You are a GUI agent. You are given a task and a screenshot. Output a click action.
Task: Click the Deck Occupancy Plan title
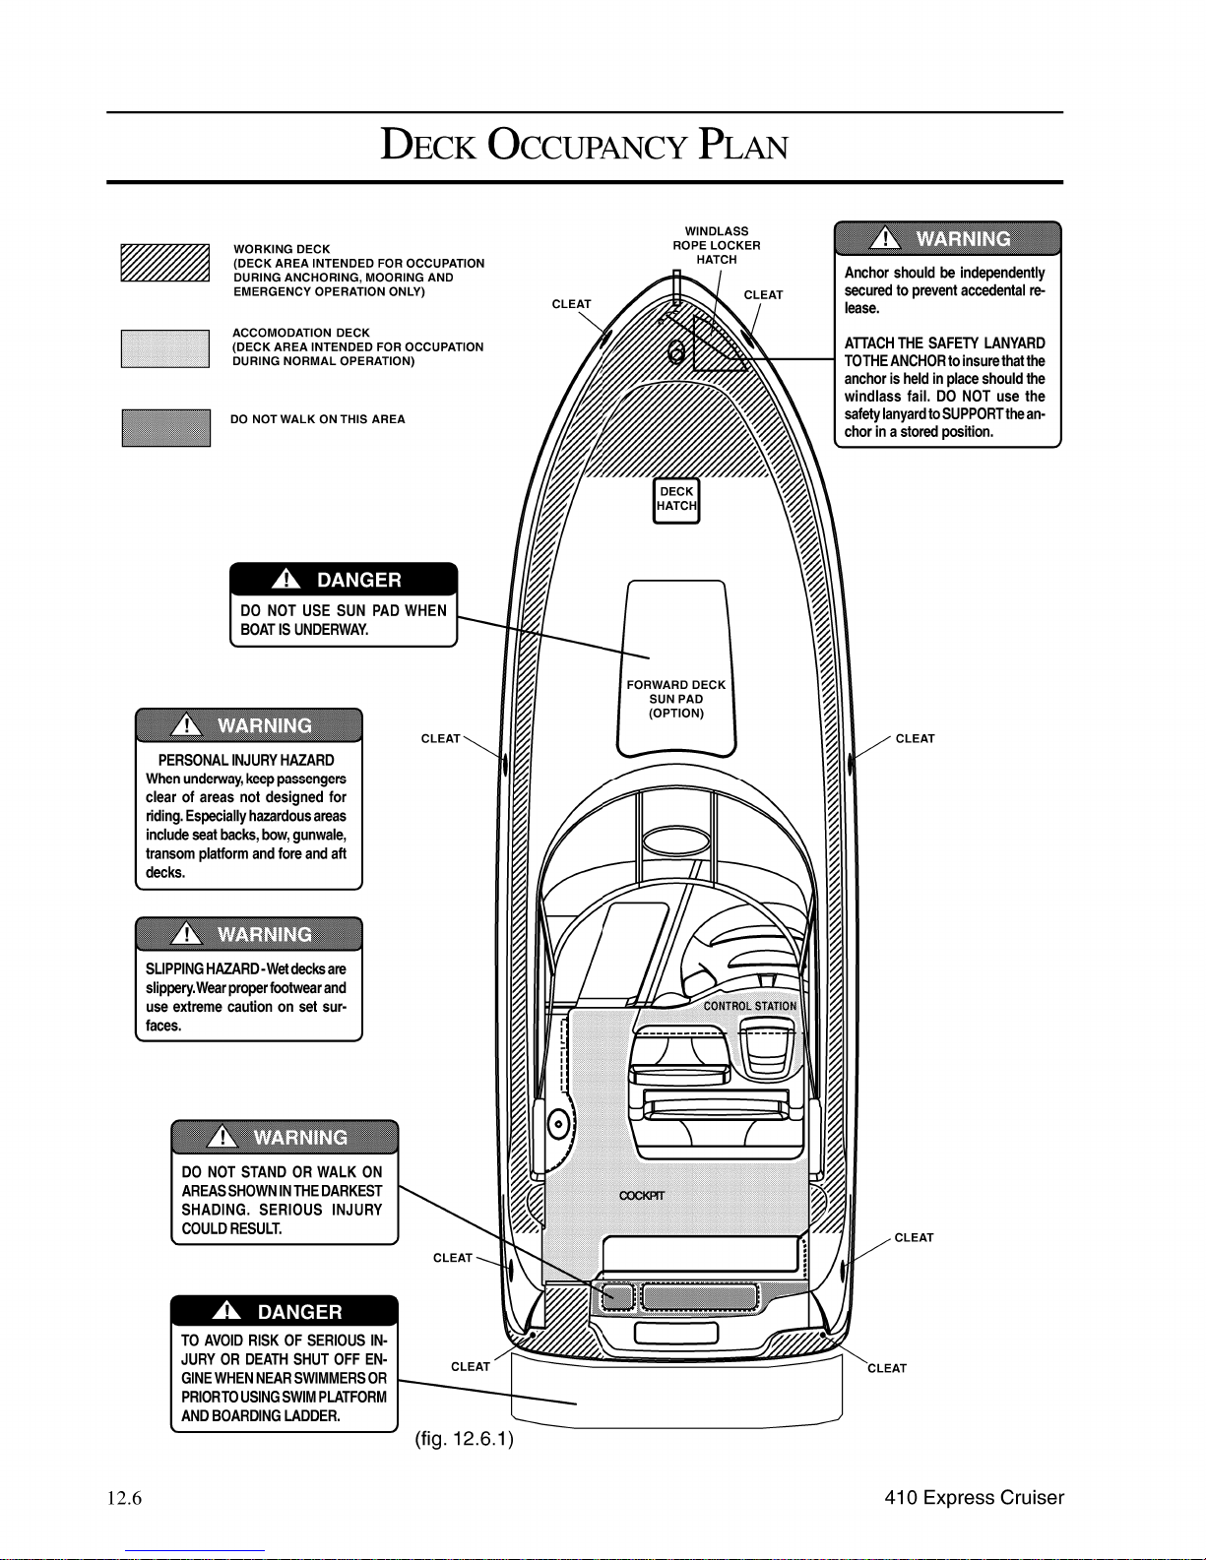(x=585, y=145)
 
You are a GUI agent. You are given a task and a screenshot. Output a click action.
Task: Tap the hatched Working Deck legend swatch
(x=165, y=263)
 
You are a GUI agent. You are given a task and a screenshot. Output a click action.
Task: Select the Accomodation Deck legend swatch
(x=165, y=348)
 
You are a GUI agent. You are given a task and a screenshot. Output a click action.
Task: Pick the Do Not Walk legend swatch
(x=165, y=428)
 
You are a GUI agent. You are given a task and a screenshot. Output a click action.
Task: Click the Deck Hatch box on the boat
(x=676, y=500)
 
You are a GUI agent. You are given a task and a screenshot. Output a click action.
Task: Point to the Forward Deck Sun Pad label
(x=676, y=699)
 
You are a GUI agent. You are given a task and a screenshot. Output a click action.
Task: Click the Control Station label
(x=750, y=1006)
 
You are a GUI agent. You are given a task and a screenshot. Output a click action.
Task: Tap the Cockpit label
(x=642, y=1195)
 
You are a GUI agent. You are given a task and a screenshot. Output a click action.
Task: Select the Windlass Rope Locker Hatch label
(x=717, y=245)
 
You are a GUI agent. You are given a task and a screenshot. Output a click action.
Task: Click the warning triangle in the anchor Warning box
(x=885, y=237)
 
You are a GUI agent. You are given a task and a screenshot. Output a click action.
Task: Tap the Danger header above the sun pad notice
(x=344, y=580)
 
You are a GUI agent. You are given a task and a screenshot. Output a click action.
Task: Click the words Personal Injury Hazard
(x=246, y=760)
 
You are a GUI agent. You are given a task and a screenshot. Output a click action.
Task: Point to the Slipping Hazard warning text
(x=246, y=996)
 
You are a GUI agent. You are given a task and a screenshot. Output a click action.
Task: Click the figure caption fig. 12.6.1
(x=465, y=1439)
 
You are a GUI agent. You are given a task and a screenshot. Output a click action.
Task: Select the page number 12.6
(x=124, y=1498)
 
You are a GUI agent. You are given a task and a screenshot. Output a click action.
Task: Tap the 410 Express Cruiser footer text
(x=974, y=1498)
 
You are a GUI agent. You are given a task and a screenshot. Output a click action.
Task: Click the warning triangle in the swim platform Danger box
(x=226, y=1311)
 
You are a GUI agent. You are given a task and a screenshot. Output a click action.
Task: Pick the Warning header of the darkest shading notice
(x=285, y=1137)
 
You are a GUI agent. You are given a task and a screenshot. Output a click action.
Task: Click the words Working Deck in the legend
(x=283, y=249)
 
